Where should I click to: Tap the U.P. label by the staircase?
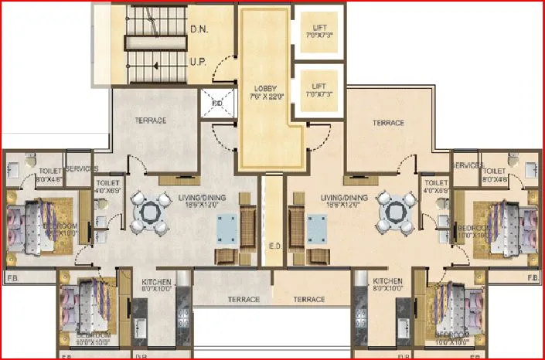pos(198,61)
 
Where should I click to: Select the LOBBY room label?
pos(267,87)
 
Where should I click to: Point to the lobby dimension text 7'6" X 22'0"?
pos(267,97)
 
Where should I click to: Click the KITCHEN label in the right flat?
pos(387,281)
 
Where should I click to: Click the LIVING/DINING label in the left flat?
pos(202,199)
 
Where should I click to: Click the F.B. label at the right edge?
pos(532,277)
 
